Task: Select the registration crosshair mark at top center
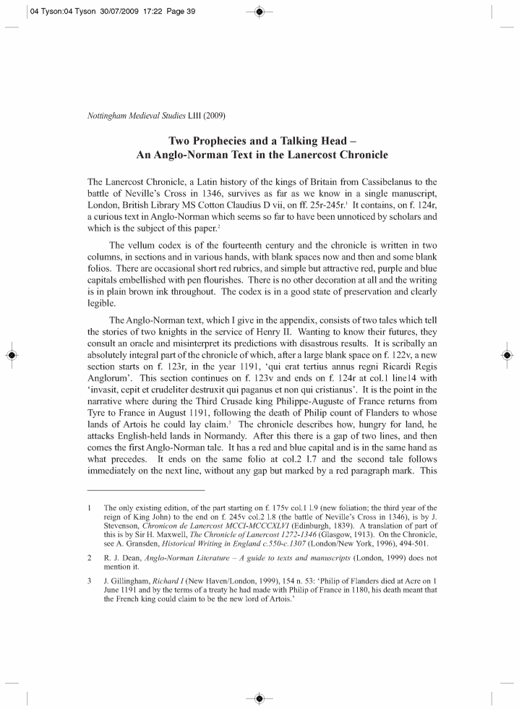point(259,11)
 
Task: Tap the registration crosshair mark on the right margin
point(507,355)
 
